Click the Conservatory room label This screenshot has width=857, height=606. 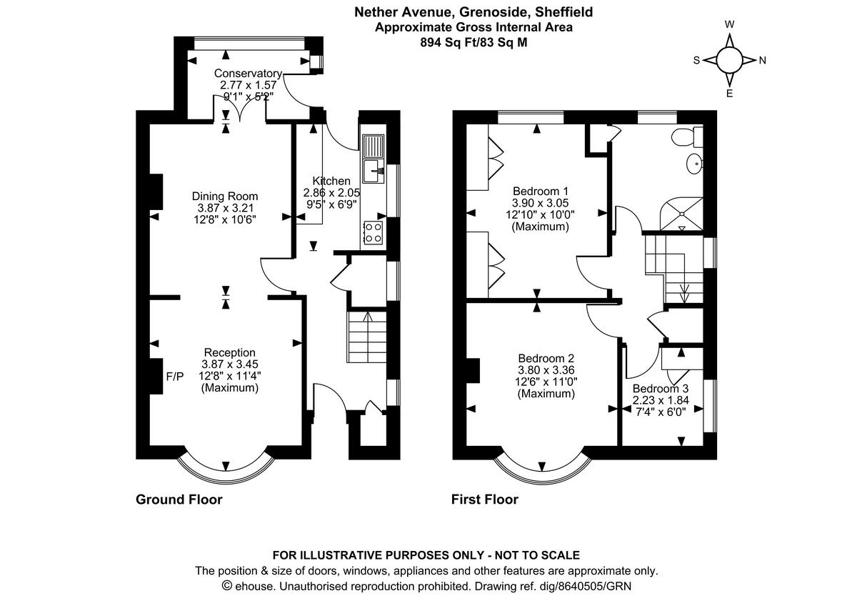(x=248, y=73)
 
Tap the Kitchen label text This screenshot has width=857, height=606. (x=331, y=181)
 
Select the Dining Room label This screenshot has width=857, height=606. (x=225, y=196)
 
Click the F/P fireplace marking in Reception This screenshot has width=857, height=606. (x=175, y=376)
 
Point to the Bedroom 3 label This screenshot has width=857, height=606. (x=660, y=389)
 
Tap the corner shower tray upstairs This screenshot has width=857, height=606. (x=682, y=214)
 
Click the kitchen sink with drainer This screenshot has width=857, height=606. (x=373, y=159)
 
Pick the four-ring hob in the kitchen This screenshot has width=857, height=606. (x=374, y=231)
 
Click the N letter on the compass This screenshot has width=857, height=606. (x=762, y=61)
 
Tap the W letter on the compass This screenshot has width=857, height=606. (x=729, y=24)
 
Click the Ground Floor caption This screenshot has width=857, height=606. (x=179, y=500)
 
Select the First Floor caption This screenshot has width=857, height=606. (x=484, y=500)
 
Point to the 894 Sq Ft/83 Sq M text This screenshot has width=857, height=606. (x=474, y=42)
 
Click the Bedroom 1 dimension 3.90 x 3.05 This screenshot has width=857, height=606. (x=541, y=202)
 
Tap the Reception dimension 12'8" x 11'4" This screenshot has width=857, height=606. (x=229, y=376)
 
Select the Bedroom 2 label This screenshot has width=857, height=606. (x=546, y=358)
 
